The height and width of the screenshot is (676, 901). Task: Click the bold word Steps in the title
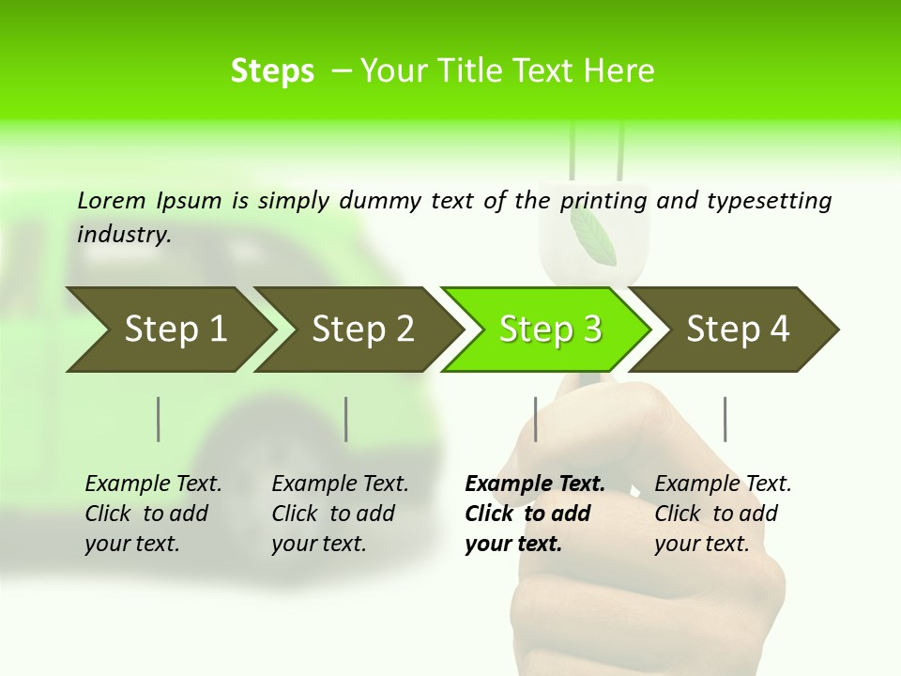pyautogui.click(x=272, y=71)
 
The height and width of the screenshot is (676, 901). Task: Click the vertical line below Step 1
pyautogui.click(x=159, y=419)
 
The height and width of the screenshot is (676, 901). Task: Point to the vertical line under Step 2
pyautogui.click(x=346, y=419)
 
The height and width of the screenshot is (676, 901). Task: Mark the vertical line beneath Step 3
pyautogui.click(x=536, y=419)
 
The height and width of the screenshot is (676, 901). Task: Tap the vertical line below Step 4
pyautogui.click(x=725, y=419)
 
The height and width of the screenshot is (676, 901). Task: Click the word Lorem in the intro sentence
pyautogui.click(x=112, y=200)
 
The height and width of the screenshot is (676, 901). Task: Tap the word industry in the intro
pyautogui.click(x=124, y=235)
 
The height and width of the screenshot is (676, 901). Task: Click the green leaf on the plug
pyautogui.click(x=593, y=235)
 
